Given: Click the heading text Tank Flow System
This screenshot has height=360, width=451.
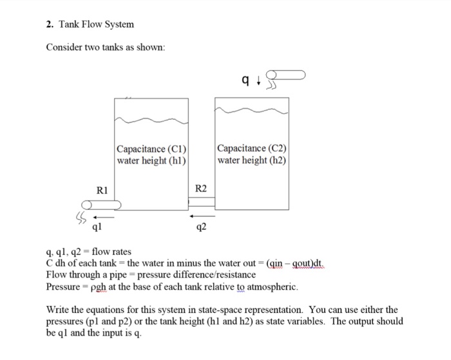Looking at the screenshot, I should point(97,24).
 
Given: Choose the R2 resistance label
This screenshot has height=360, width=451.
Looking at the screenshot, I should point(201,189).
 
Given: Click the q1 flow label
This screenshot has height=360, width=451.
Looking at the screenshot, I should point(97,227).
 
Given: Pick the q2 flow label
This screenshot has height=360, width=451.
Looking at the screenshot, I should point(201,227).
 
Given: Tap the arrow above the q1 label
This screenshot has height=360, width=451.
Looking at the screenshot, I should point(97,217).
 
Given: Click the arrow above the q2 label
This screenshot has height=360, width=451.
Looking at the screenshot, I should point(201,216).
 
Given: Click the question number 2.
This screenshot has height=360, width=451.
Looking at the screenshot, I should point(49,24).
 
